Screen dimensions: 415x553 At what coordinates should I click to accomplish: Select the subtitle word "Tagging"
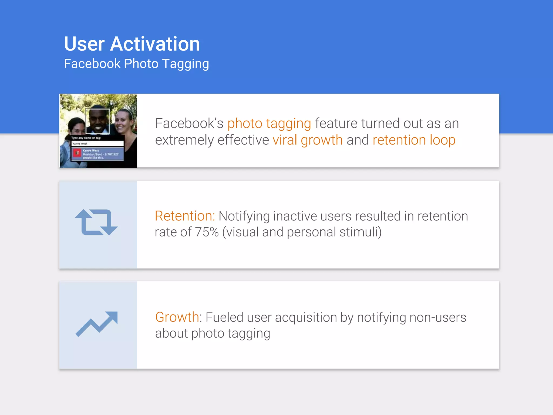(x=186, y=64)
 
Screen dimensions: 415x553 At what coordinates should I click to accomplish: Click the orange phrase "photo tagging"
(x=269, y=124)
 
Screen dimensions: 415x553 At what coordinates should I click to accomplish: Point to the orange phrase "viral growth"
(x=308, y=140)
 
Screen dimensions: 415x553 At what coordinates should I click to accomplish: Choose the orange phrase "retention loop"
(x=414, y=140)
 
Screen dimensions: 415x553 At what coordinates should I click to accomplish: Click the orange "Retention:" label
(x=185, y=216)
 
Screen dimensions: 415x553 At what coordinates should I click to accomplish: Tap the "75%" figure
(x=207, y=232)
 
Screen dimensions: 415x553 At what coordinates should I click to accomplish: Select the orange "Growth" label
(x=177, y=317)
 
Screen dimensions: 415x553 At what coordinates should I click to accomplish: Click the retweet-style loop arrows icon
(x=96, y=222)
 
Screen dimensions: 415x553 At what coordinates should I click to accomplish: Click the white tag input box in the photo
(x=97, y=143)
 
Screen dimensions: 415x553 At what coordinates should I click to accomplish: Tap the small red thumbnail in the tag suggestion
(x=77, y=153)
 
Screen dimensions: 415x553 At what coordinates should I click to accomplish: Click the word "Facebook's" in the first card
(x=189, y=124)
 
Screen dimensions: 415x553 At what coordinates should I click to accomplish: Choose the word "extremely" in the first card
(x=184, y=140)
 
